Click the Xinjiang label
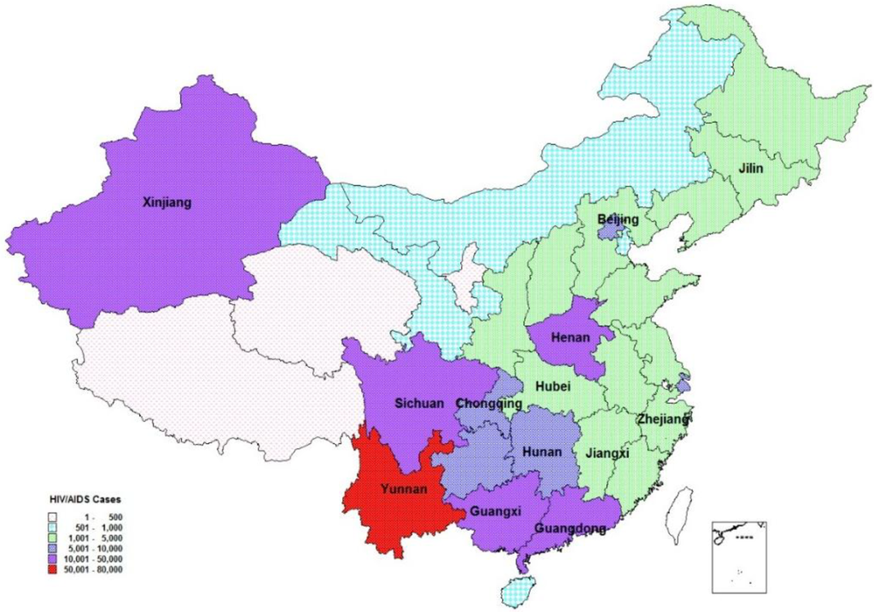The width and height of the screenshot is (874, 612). coord(168,203)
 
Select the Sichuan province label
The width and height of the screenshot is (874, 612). coord(418,403)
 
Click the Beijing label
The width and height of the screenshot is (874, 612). coord(617,220)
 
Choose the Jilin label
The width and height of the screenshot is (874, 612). coord(751,169)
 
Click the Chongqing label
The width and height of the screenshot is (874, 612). coord(489,403)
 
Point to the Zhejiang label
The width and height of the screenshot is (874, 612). coord(664,420)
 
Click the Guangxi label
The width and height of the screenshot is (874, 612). coord(493,513)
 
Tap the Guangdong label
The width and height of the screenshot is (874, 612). coord(570,529)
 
